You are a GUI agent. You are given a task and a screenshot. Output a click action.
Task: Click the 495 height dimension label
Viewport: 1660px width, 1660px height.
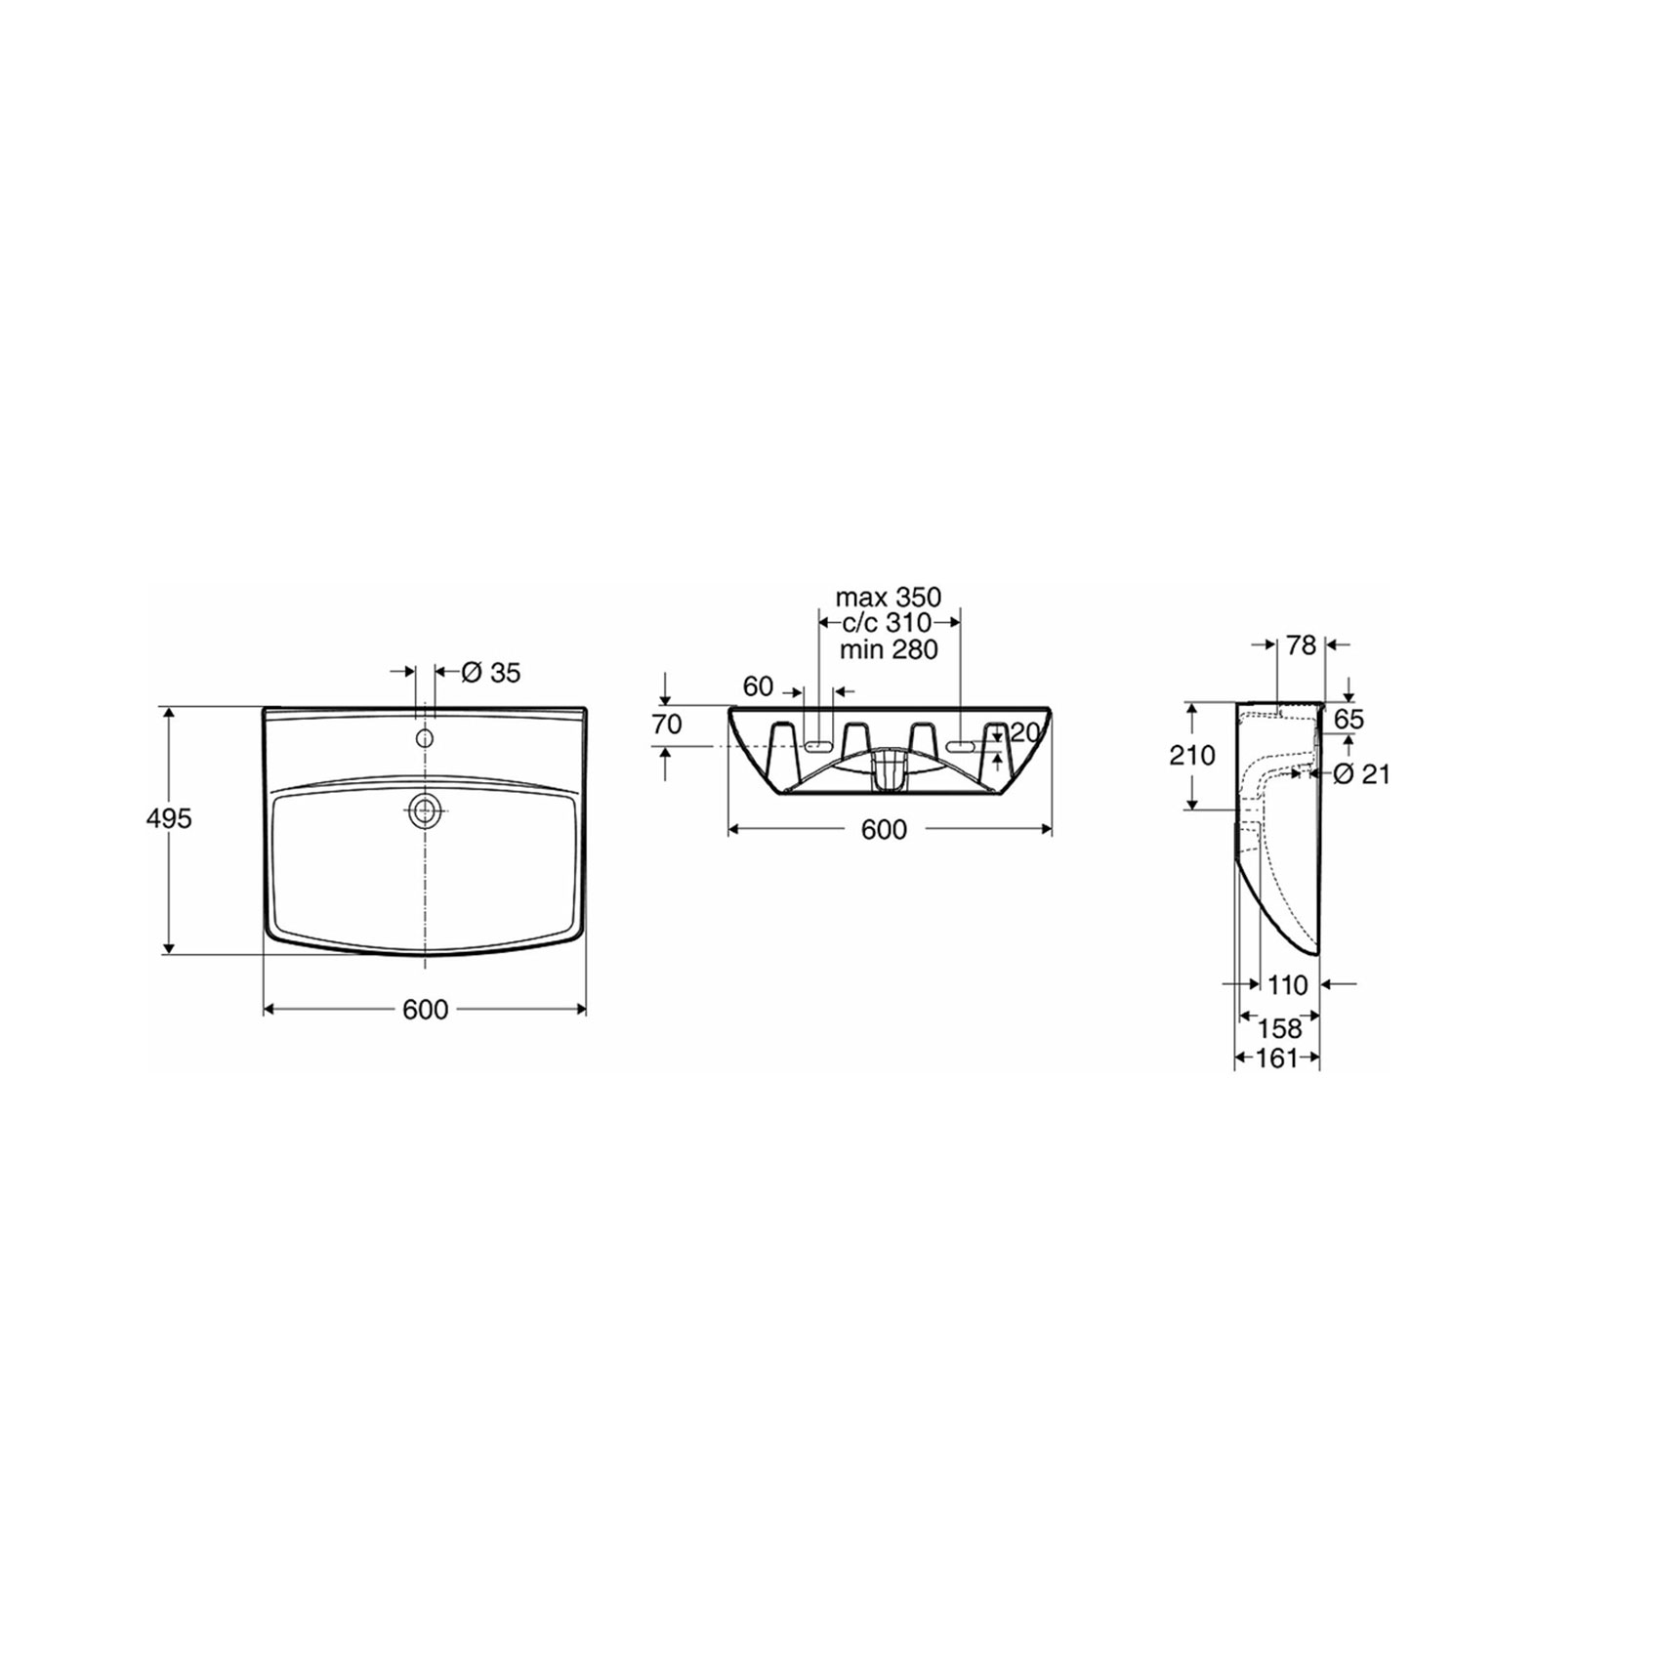pos(169,818)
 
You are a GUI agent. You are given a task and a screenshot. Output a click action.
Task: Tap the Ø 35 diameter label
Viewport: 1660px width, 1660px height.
pos(491,672)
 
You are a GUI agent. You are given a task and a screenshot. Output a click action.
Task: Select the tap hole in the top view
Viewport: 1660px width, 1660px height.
pos(425,738)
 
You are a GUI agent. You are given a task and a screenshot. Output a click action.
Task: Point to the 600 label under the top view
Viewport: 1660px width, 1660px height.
pos(425,1010)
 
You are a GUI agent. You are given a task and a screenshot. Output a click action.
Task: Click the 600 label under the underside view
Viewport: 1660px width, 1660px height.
pos(885,829)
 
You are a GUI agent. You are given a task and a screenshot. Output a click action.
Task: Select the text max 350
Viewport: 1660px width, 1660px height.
pos(889,597)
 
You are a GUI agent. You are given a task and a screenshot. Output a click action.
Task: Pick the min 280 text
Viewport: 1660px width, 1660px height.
pos(889,648)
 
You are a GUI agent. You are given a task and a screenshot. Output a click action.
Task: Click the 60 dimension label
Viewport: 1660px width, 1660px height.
pos(759,686)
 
